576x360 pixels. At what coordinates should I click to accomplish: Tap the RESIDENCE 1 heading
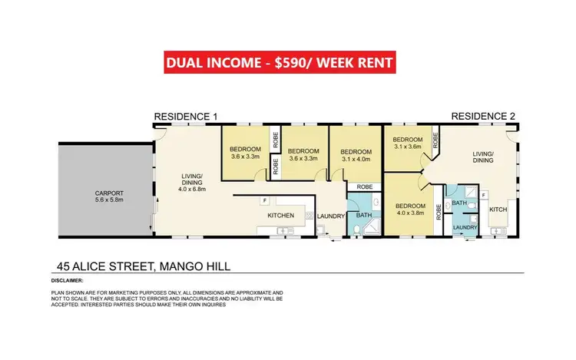187,117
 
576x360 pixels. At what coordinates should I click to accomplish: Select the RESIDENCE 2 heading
483,117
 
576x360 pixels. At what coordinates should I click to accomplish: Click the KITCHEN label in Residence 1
281,216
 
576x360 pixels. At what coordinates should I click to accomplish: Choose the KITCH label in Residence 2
498,210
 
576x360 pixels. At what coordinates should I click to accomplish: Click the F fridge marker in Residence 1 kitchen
265,201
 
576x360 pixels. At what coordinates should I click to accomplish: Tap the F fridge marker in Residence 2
484,195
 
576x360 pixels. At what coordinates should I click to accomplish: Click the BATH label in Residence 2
460,203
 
